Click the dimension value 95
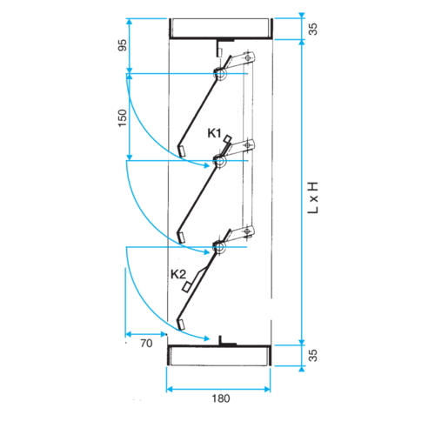(x=123, y=45)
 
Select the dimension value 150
(x=123, y=117)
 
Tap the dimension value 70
(x=146, y=344)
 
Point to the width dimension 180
(x=221, y=398)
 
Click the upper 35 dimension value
(x=313, y=29)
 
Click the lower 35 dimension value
(x=313, y=356)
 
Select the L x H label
(x=313, y=197)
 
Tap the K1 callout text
(x=214, y=133)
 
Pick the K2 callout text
(x=178, y=274)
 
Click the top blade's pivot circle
(x=221, y=74)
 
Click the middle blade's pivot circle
(x=220, y=161)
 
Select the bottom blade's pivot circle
(x=219, y=247)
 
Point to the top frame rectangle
(x=220, y=29)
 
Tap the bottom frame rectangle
(x=219, y=356)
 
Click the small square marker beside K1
(x=228, y=139)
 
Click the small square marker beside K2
(x=186, y=287)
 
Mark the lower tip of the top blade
(x=182, y=151)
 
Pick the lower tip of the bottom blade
(x=181, y=325)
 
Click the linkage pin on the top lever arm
(x=247, y=58)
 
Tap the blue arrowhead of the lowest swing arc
(x=206, y=338)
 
